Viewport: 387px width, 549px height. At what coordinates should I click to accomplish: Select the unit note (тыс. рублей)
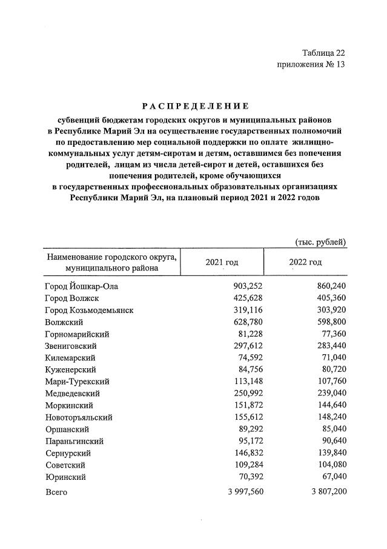coord(320,242)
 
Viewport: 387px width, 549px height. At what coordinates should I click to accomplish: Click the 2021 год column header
coord(222,262)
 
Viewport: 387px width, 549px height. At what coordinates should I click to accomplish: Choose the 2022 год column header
coord(305,262)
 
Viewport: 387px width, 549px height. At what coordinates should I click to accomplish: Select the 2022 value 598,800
coord(330,322)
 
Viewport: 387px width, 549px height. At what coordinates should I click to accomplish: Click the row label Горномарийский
coord(77,334)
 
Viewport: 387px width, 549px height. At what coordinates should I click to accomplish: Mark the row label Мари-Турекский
coord(77,382)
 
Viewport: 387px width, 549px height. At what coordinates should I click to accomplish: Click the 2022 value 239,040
coord(330,393)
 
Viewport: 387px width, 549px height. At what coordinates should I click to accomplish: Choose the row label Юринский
coord(65,477)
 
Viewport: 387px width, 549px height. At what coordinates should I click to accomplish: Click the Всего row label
coord(56,492)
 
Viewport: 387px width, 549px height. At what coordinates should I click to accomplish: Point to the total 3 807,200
coord(325,492)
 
